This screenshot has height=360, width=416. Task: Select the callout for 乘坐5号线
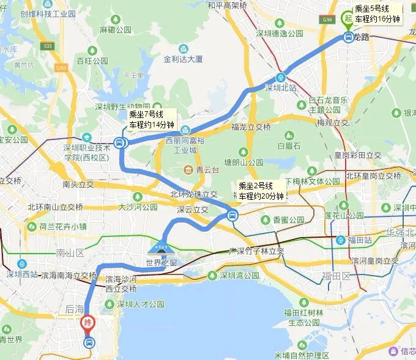(378, 14)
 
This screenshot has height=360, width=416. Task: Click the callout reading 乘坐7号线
(150, 119)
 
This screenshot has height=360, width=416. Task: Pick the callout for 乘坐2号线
(261, 191)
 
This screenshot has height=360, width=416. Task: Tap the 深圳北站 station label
(280, 87)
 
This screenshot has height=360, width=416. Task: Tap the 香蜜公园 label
(289, 219)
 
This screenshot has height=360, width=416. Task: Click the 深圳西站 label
(22, 274)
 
